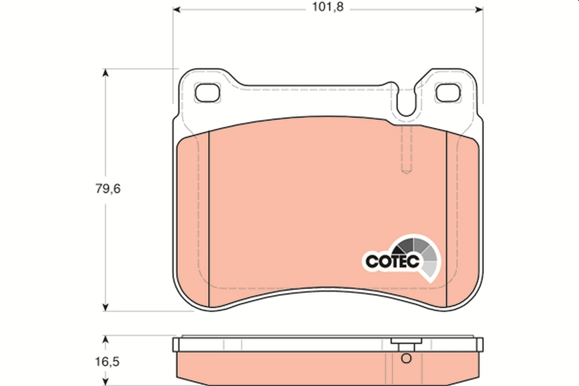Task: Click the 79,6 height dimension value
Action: (x=107, y=189)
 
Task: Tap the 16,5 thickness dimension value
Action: (x=107, y=361)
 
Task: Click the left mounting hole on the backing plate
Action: (x=207, y=92)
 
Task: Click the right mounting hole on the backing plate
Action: (x=447, y=92)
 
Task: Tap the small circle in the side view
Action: (x=406, y=358)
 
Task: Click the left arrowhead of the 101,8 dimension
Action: (x=177, y=9)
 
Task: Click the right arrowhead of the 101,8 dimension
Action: (x=479, y=9)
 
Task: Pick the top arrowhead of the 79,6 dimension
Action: (x=105, y=73)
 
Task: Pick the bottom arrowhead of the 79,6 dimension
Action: (x=105, y=306)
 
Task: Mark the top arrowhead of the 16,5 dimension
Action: (x=105, y=339)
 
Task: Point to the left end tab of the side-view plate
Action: (x=176, y=345)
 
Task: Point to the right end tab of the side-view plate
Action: (x=480, y=345)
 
